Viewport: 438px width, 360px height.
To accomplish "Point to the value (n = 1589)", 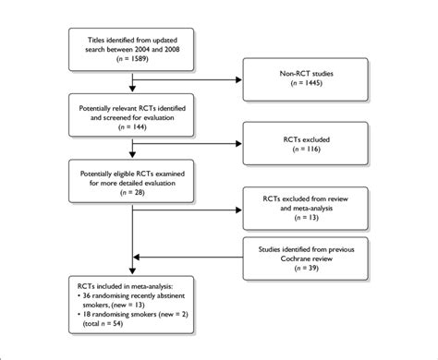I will [x=138, y=57].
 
